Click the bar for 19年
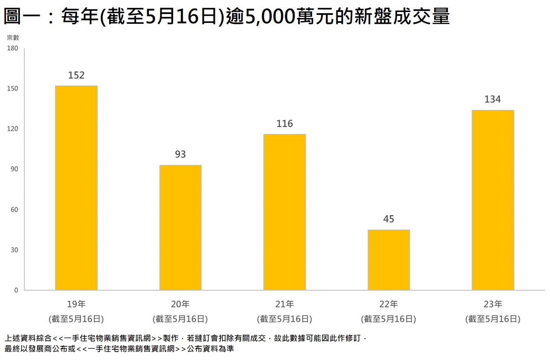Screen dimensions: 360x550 pos(76,188)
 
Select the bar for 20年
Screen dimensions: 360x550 pos(181,228)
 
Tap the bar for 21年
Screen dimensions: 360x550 pos(284,212)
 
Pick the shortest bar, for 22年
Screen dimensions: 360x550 pos(389,260)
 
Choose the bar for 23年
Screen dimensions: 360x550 pos(493,200)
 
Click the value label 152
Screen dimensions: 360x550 pos(76,75)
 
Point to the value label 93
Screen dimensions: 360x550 pos(181,154)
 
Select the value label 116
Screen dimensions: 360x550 pos(284,124)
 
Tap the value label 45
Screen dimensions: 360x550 pos(389,219)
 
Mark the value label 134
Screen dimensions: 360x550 pos(493,99)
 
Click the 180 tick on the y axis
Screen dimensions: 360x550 pos(12,48)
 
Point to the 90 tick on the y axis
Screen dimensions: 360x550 pos(14,169)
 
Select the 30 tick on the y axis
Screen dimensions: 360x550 pos(14,250)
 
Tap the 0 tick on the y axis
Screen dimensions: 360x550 pos(16,290)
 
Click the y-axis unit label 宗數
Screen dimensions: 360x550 pos(13,38)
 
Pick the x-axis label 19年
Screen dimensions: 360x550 pos(76,304)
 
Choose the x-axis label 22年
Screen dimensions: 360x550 pos(389,304)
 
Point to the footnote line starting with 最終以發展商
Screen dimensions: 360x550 pos(119,349)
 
